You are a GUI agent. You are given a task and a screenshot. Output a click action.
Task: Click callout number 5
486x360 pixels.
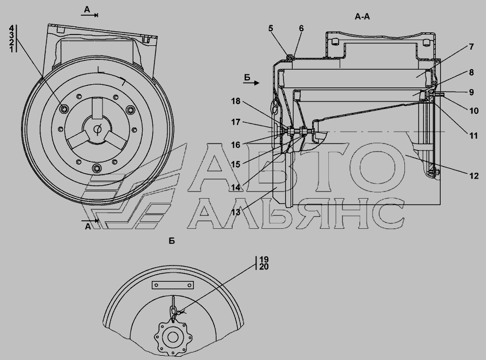pos(271,29)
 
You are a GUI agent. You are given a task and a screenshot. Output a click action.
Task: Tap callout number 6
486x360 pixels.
pos(301,29)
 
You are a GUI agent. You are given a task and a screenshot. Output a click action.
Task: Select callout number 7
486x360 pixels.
pos(471,47)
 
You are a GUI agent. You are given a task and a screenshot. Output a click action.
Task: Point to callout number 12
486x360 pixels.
pos(474,176)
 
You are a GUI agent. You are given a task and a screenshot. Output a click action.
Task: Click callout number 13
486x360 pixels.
pos(236,212)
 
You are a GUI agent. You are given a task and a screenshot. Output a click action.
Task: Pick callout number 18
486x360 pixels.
pos(236,101)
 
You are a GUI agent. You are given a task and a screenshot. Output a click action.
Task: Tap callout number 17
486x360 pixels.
pos(236,123)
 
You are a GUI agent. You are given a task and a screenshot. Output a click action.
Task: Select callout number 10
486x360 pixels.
pos(474,111)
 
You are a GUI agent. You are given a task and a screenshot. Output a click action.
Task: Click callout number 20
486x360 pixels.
pos(264,267)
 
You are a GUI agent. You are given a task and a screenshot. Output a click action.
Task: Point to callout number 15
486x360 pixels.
pos(236,165)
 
